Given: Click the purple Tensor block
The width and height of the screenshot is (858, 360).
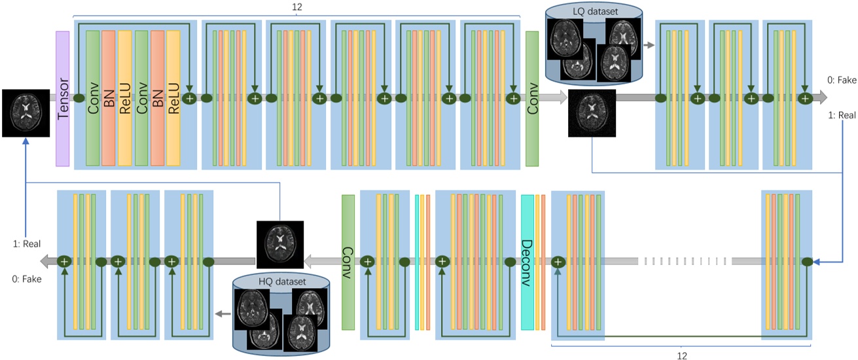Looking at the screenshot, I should (x=63, y=98).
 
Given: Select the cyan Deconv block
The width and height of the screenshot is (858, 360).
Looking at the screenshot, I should (x=527, y=262).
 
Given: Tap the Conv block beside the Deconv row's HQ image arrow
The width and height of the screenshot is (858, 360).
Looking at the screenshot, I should (x=348, y=262).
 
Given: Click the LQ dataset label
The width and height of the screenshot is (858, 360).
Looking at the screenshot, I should (x=592, y=10).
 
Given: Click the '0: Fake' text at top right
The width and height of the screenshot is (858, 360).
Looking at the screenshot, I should (x=842, y=81).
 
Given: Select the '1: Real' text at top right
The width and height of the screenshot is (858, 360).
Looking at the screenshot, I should (x=842, y=115).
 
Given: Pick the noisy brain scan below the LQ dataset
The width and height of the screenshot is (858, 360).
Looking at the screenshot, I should (x=592, y=113).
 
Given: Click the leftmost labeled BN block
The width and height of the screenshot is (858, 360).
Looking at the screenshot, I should (x=109, y=98).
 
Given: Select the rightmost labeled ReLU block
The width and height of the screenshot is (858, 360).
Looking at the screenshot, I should (x=173, y=98).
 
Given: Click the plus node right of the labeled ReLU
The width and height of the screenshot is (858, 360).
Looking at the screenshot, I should (x=190, y=98).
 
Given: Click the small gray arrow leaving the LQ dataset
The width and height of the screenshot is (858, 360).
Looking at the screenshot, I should (x=649, y=46).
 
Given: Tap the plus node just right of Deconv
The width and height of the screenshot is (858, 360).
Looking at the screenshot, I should (x=558, y=261).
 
